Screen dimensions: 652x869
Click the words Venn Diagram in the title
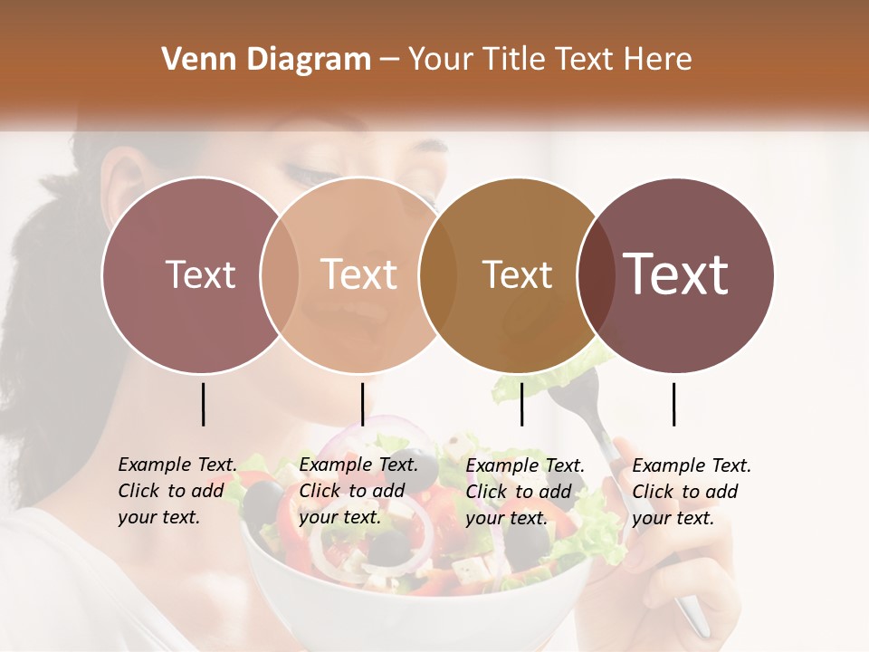[266, 60]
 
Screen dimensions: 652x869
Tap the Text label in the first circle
[200, 274]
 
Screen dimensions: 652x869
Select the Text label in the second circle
[359, 274]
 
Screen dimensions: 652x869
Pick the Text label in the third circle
[517, 274]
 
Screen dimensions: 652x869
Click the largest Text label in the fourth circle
[676, 274]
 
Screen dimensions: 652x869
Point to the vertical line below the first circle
[203, 404]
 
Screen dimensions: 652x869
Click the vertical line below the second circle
[362, 404]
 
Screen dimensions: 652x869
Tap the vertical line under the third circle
[521, 404]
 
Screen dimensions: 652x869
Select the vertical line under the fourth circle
[673, 404]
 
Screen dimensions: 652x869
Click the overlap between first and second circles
[280, 274]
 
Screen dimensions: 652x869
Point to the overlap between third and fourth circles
[596, 274]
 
